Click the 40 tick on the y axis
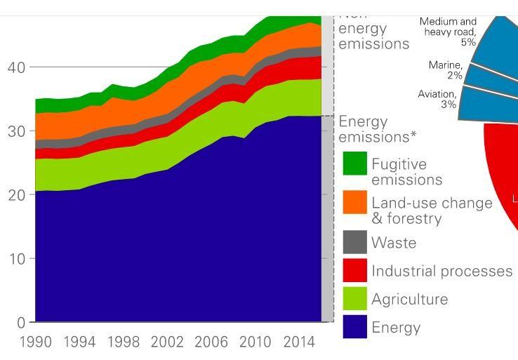click(x=16, y=67)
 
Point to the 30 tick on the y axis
click(x=16, y=131)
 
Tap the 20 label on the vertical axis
click(x=16, y=195)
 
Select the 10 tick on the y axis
click(x=16, y=259)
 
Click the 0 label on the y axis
click(x=21, y=323)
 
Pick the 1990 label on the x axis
click(x=36, y=342)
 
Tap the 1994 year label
click(x=79, y=342)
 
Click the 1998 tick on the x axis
click(x=124, y=342)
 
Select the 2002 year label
click(x=167, y=342)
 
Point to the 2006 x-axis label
click(x=211, y=342)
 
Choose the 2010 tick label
click(x=255, y=342)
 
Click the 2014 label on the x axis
click(x=299, y=342)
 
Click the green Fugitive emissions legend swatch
click(x=354, y=164)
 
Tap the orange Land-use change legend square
click(x=354, y=203)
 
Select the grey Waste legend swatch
click(x=354, y=242)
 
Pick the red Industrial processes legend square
click(x=354, y=271)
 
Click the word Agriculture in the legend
click(x=409, y=300)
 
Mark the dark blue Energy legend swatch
click(x=354, y=327)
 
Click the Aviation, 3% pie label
click(x=437, y=99)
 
